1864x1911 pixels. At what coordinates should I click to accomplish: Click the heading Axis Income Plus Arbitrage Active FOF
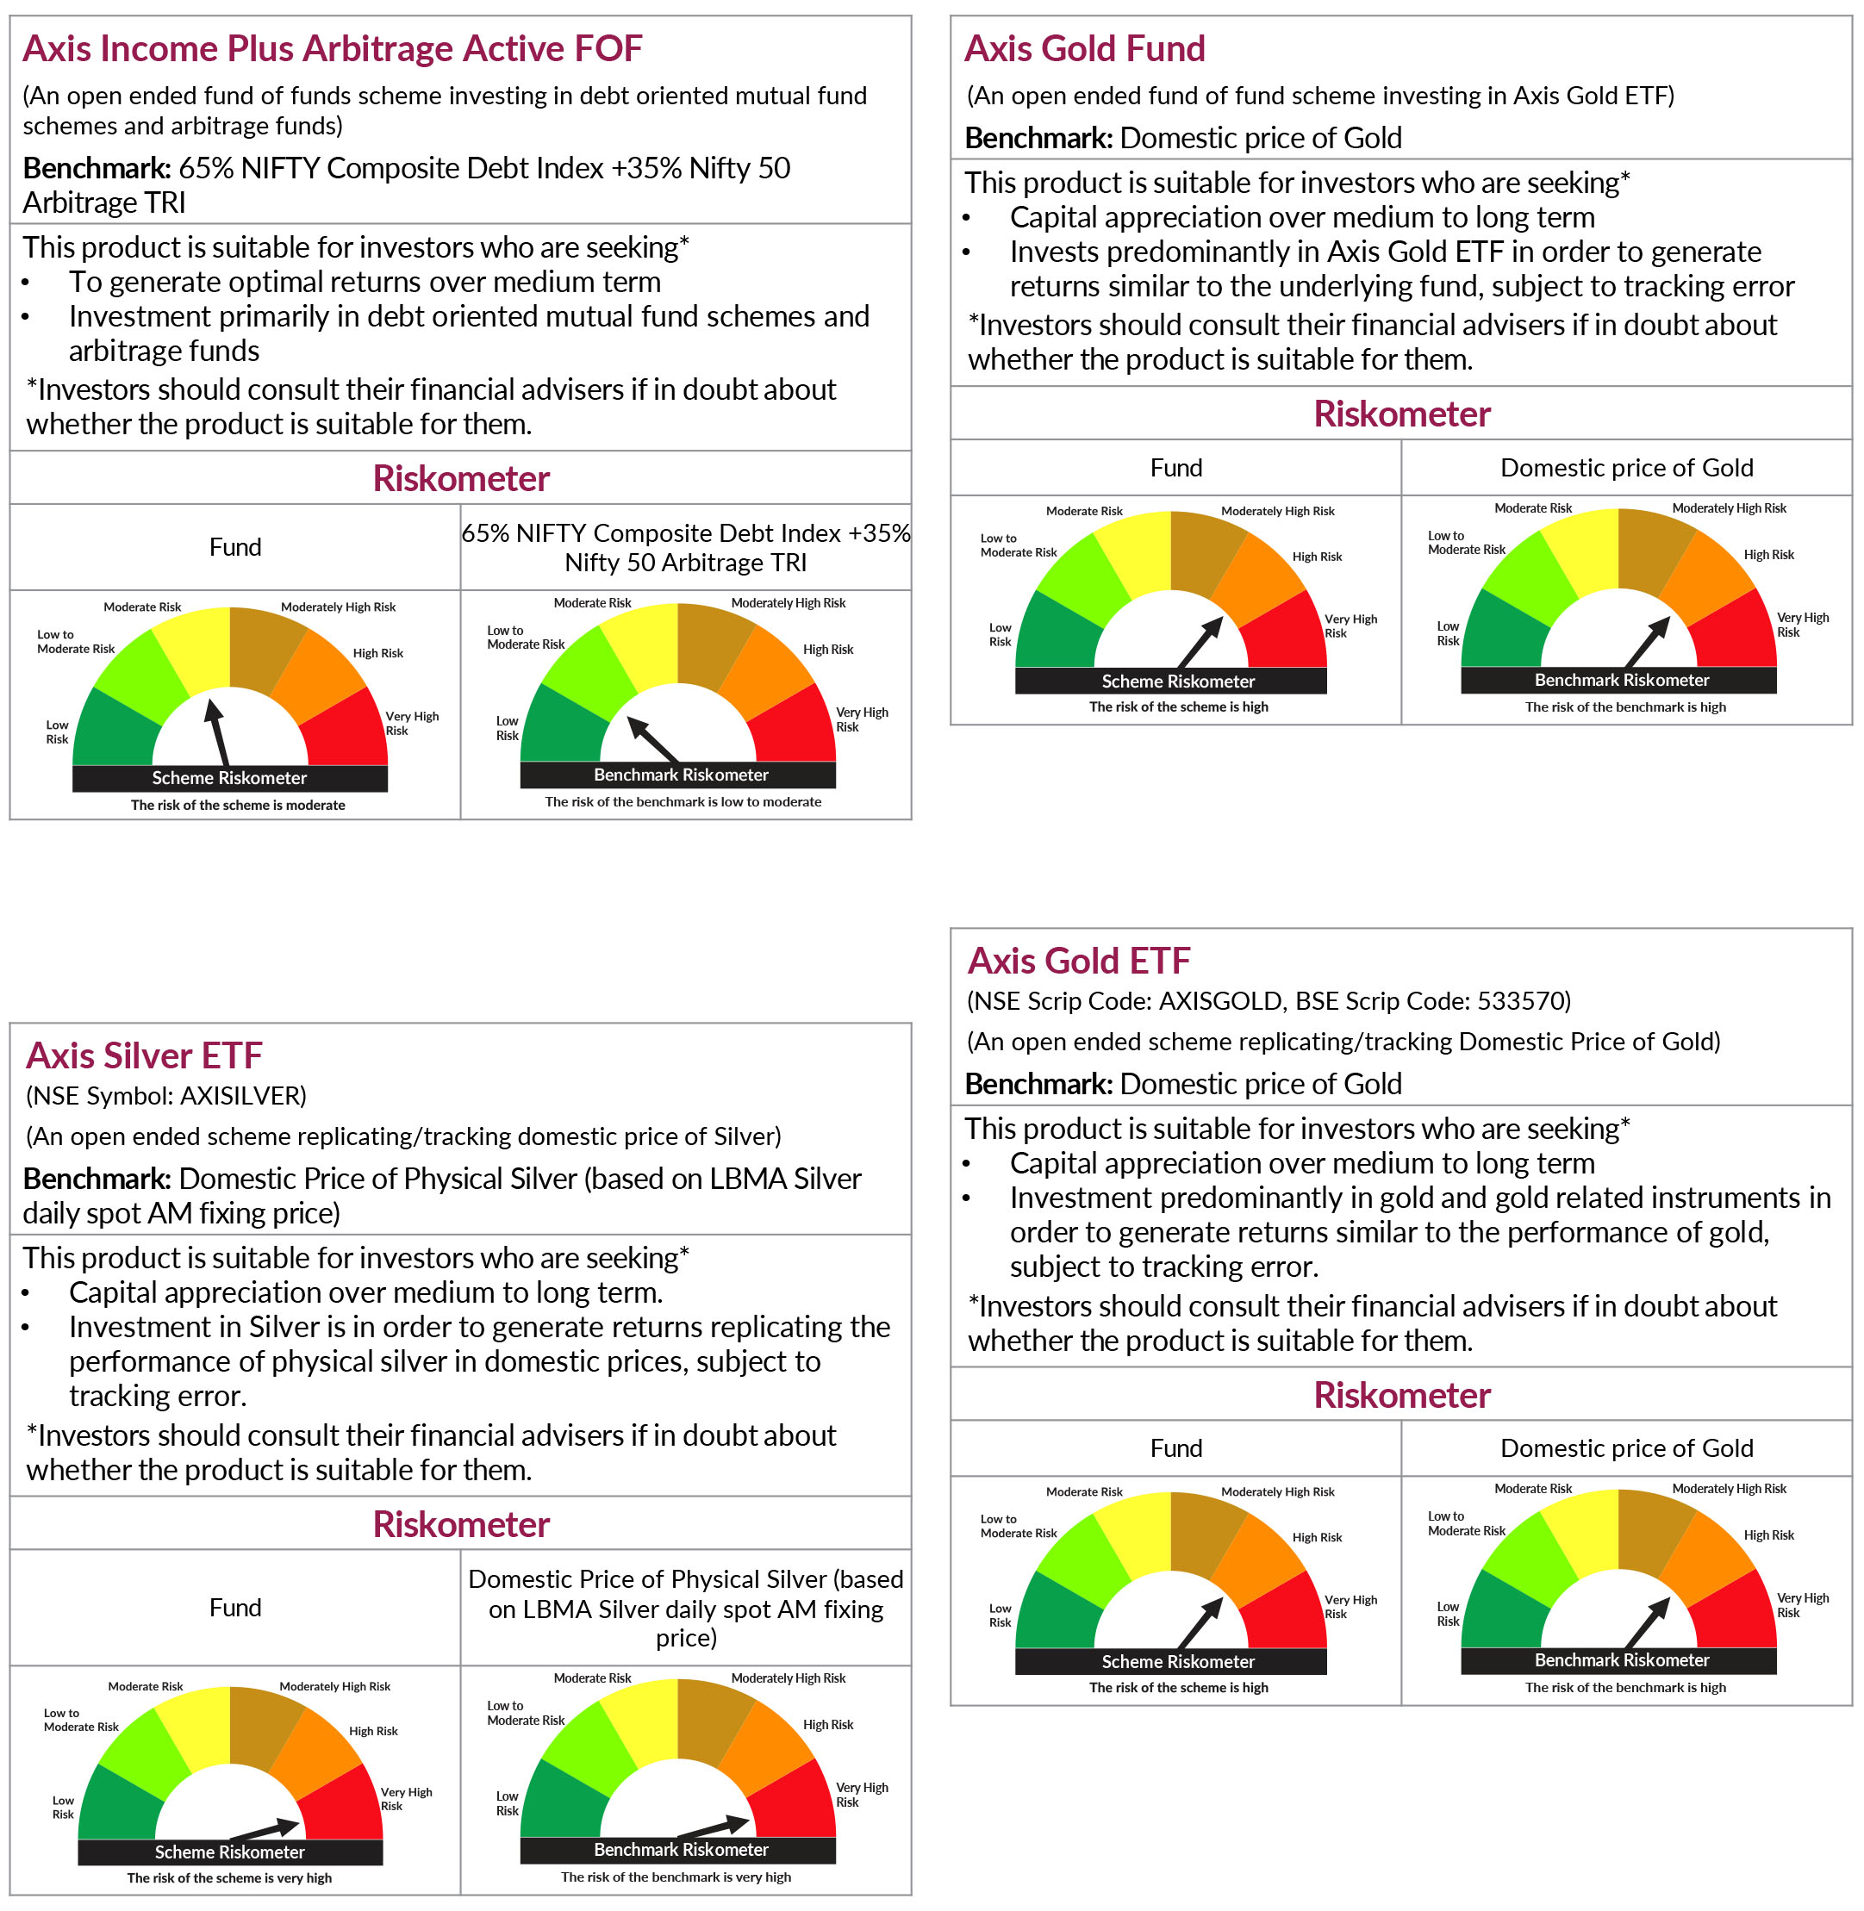[x=332, y=48]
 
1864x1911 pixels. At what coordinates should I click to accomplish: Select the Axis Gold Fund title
[x=1085, y=48]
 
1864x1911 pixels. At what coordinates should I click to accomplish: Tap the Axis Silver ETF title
[x=144, y=1055]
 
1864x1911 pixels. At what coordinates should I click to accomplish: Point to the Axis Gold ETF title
[x=1079, y=961]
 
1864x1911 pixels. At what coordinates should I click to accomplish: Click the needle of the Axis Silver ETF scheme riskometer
[x=265, y=1829]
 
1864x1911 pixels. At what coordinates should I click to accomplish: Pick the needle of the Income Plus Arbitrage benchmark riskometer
[x=653, y=740]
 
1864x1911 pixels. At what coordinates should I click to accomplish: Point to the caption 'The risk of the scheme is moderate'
[x=238, y=805]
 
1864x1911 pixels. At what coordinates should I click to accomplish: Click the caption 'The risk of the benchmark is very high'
[x=676, y=1877]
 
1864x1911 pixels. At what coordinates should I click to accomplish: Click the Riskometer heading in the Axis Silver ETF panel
[x=461, y=1524]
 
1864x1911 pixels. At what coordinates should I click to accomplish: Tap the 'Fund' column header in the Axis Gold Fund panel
[x=1175, y=468]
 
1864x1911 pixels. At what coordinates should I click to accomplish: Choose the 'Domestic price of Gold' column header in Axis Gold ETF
[x=1626, y=1448]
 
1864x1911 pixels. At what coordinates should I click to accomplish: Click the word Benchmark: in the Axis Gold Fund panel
[x=1038, y=138]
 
